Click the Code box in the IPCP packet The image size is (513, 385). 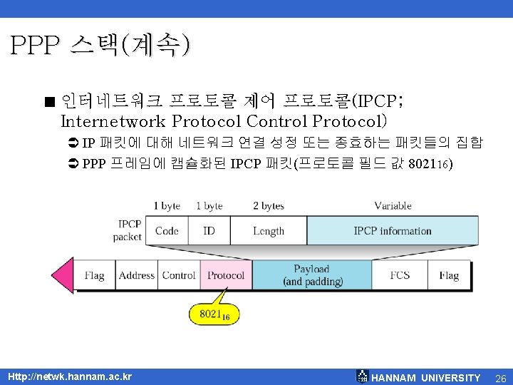click(167, 231)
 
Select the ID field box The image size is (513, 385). click(209, 231)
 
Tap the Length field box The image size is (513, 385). click(268, 231)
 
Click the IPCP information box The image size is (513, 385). click(393, 231)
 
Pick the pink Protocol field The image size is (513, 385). click(226, 275)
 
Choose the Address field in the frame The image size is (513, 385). click(137, 275)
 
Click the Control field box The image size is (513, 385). click(179, 275)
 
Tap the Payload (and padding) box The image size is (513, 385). click(312, 275)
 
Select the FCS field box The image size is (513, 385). click(400, 275)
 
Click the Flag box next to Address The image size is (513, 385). click(95, 275)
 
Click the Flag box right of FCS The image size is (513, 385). click(449, 275)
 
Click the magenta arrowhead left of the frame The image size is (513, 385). click(63, 275)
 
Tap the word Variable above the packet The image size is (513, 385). click(393, 206)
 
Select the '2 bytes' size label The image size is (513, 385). click(268, 206)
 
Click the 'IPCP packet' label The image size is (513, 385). click(129, 230)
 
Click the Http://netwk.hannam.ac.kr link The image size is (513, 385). click(68, 376)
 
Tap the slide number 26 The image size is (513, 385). click(499, 377)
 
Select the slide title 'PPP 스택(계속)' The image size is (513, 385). click(100, 46)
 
